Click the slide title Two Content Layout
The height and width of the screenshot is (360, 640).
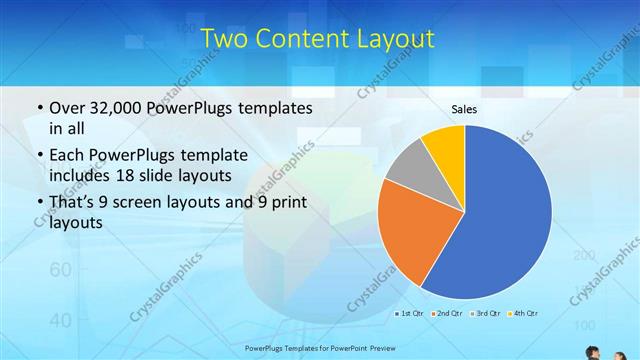point(318,39)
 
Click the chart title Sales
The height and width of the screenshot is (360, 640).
point(464,108)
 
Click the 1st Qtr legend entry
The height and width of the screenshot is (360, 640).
point(408,314)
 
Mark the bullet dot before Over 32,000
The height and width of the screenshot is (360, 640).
point(38,108)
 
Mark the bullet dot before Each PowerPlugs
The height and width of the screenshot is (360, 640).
point(38,156)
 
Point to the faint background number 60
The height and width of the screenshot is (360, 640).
point(60,270)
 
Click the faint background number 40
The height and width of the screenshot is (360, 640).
point(60,320)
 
